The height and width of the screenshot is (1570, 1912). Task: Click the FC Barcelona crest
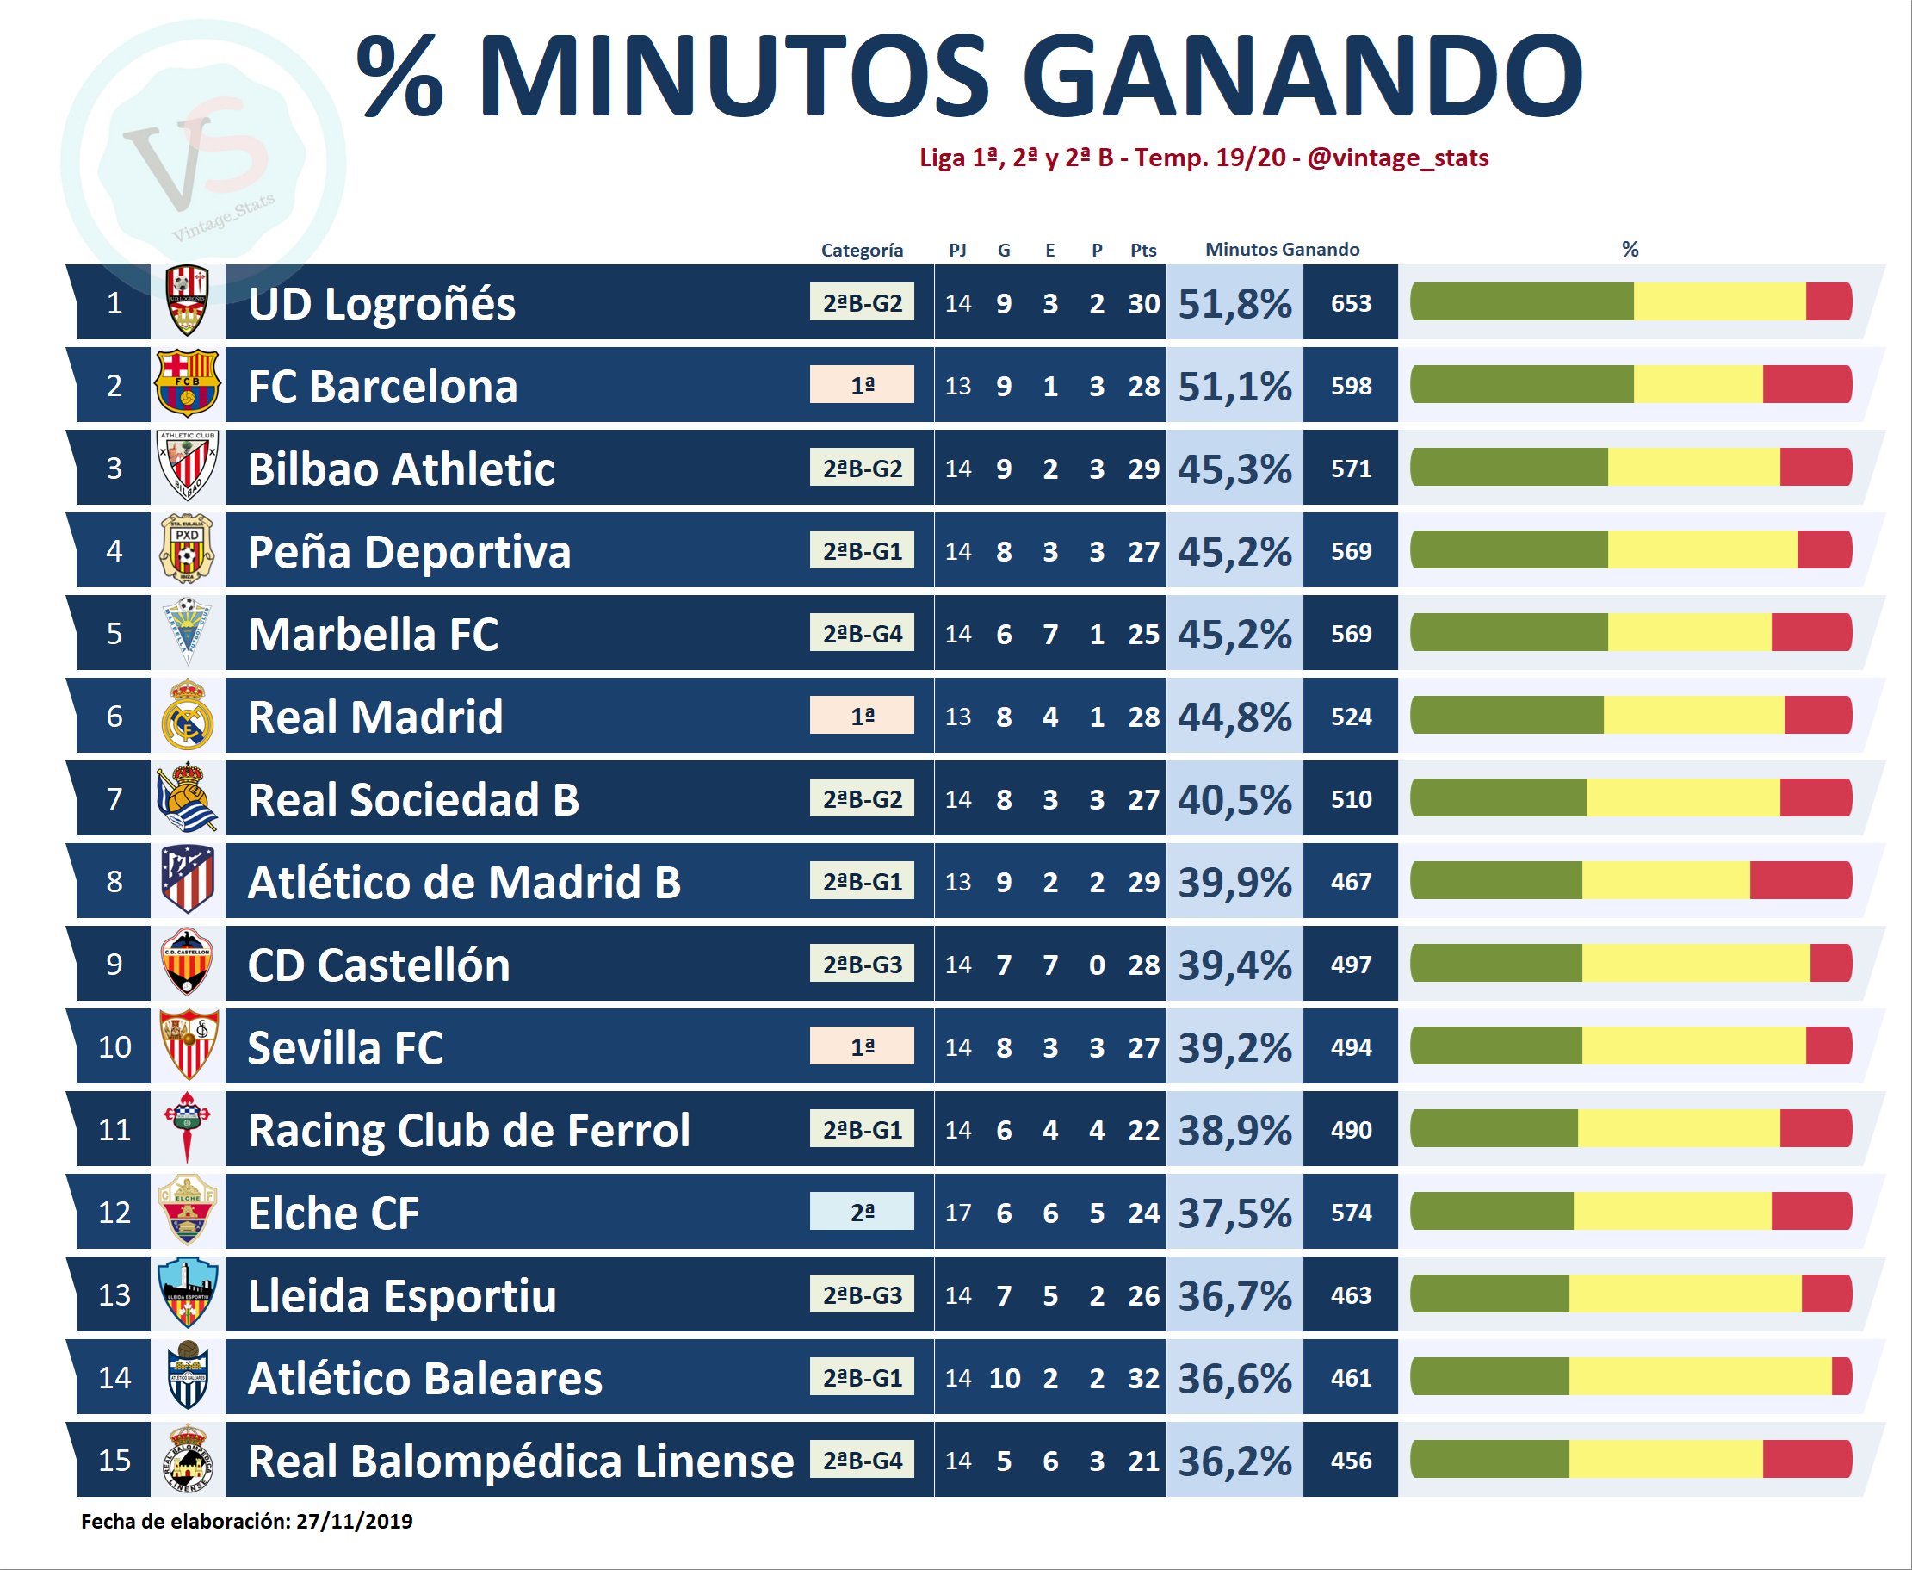tap(187, 384)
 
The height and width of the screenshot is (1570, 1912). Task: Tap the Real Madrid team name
tap(375, 717)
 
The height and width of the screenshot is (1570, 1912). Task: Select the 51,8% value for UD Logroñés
tap(1234, 304)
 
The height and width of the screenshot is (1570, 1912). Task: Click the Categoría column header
tap(862, 251)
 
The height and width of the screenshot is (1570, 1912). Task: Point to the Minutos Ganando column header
tap(1282, 250)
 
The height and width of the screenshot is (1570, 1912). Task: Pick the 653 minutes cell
tap(1351, 304)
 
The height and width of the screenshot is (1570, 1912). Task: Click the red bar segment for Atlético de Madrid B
tap(1800, 881)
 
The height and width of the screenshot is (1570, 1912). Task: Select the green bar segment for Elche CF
tap(1492, 1212)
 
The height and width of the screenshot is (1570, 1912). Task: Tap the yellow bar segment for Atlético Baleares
tap(1699, 1377)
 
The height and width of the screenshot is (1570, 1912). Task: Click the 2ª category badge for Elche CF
tap(862, 1212)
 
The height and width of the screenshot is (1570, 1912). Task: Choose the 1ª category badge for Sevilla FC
tap(862, 1046)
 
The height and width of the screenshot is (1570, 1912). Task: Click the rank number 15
tap(114, 1461)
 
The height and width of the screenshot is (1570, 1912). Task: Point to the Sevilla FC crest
tap(188, 1046)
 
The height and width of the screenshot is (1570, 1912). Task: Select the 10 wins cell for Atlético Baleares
tap(1005, 1378)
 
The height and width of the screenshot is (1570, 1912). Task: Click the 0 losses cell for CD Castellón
tap(1097, 965)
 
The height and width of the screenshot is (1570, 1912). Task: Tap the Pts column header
tap(1142, 251)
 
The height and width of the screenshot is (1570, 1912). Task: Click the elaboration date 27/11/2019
tap(354, 1521)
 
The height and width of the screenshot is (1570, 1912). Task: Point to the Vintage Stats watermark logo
tap(203, 163)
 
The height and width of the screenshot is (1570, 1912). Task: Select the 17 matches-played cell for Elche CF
tap(957, 1213)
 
